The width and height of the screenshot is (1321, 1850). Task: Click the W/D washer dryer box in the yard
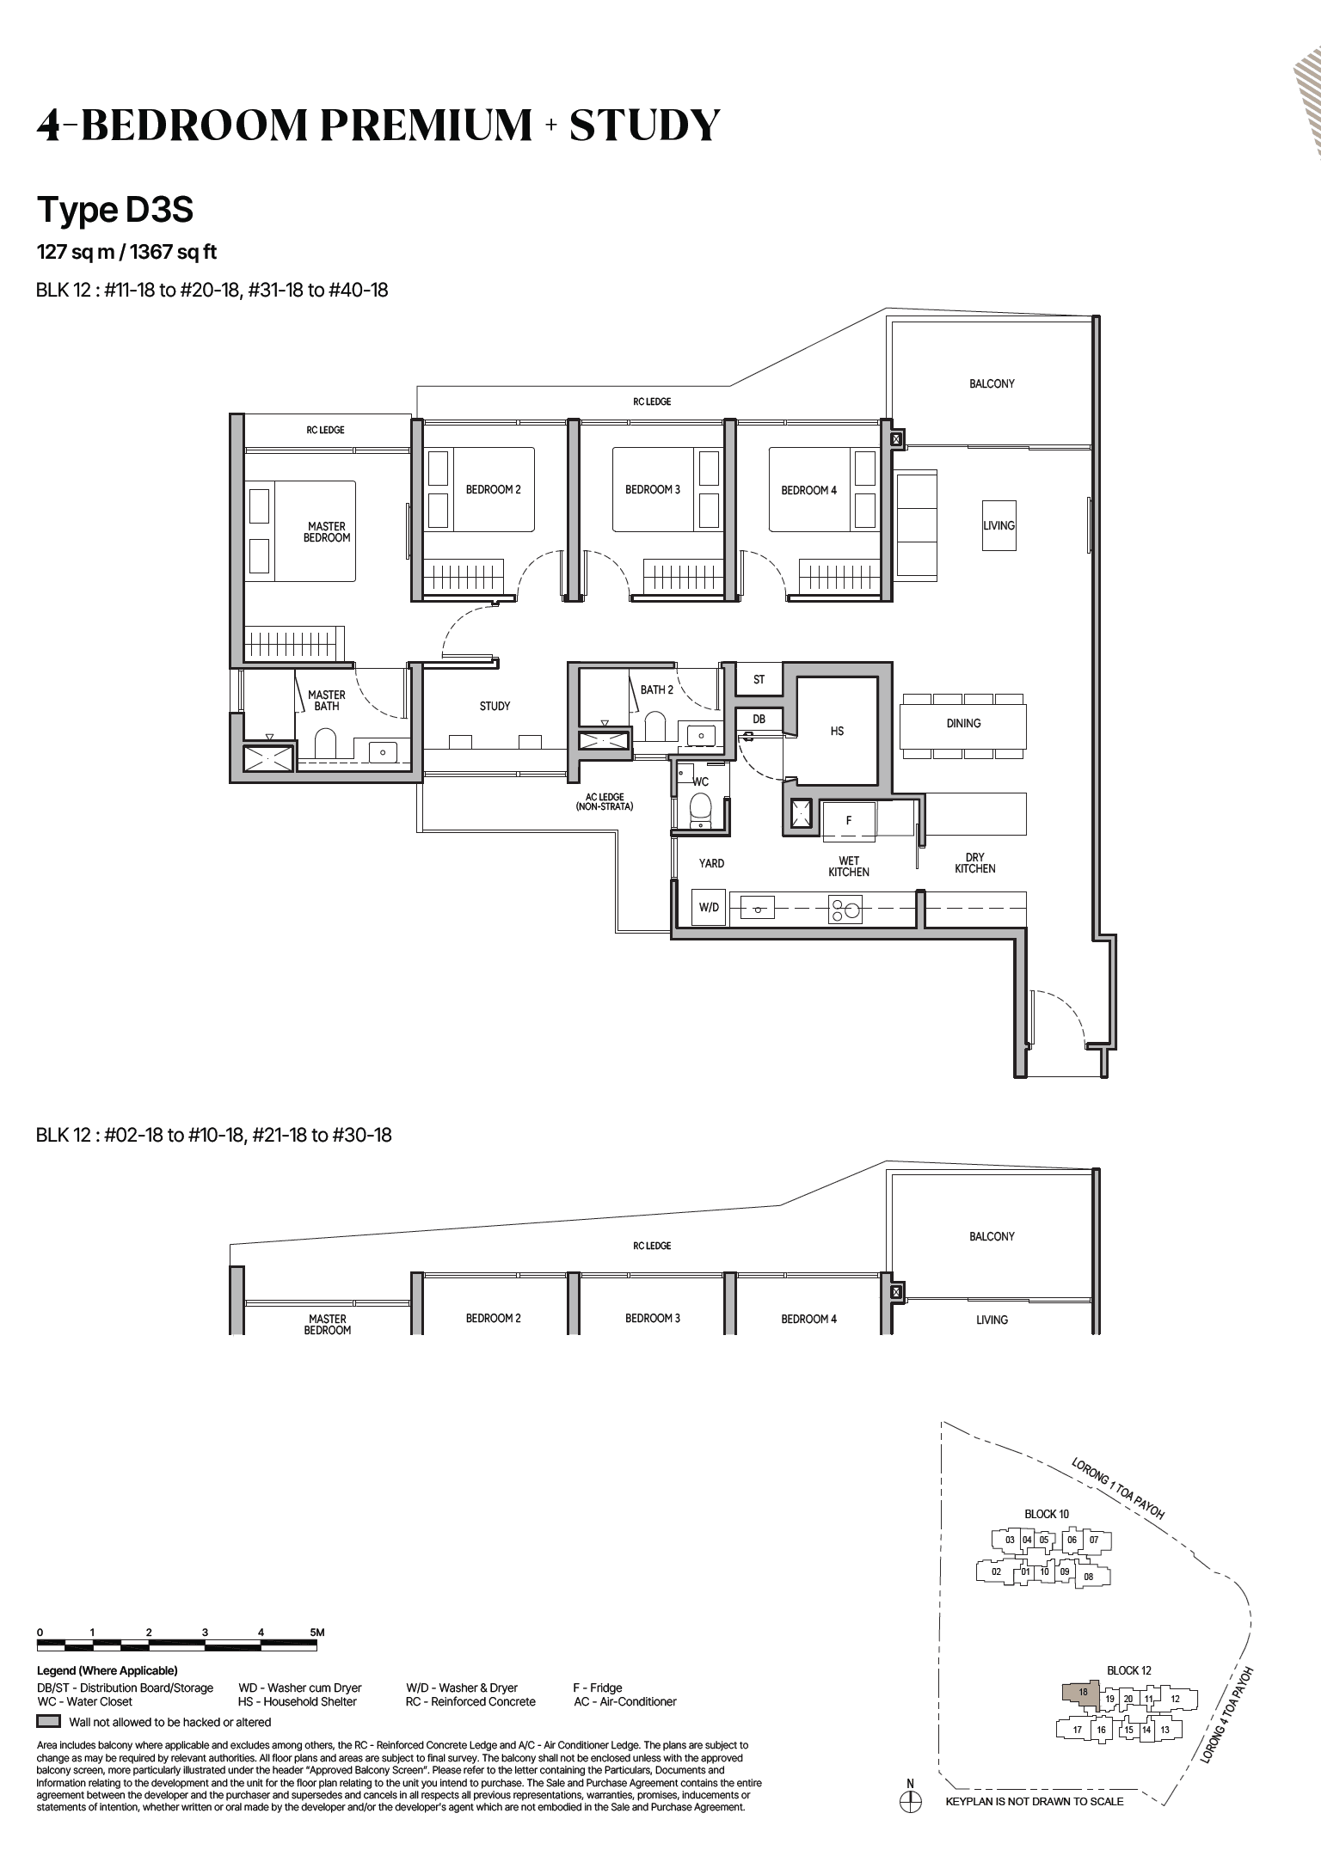coord(709,907)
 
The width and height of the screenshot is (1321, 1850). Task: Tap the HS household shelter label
coord(837,731)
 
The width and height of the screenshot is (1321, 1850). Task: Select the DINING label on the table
coord(963,723)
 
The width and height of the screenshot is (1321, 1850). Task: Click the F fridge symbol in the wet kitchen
coord(849,820)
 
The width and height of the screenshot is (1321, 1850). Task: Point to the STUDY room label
coord(495,706)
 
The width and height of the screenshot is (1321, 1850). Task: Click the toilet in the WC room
coord(702,808)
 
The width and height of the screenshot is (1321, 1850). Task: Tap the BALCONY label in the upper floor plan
coord(992,383)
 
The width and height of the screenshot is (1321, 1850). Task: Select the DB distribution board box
coord(759,719)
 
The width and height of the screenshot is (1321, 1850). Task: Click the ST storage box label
coord(759,679)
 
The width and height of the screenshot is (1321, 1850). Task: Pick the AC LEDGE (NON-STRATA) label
coord(605,802)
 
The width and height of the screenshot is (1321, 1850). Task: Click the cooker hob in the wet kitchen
coord(845,910)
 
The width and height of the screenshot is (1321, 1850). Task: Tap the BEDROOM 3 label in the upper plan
coord(652,489)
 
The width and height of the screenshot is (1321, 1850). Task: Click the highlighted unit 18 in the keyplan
coord(1082,1692)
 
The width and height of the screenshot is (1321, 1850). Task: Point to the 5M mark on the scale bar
coord(316,1632)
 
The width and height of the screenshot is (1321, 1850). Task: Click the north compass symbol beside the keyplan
coord(910,1801)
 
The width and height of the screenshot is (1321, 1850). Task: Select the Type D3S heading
coord(115,210)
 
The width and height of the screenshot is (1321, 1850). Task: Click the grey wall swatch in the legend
coord(49,1722)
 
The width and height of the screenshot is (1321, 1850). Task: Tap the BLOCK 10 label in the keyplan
coord(1047,1514)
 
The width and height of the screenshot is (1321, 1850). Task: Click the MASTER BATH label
coord(327,700)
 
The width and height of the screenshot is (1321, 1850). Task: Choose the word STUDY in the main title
coord(644,126)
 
